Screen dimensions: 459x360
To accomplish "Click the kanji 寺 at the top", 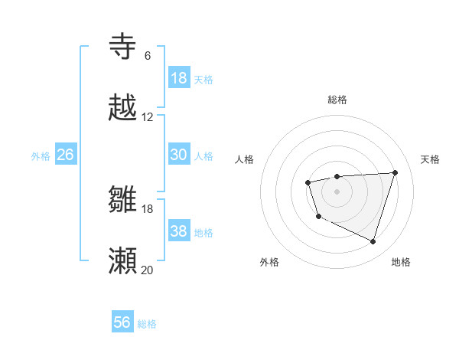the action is tap(123, 46).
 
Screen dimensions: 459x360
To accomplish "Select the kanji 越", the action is tap(123, 108).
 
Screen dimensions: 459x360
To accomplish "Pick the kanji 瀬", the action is tap(123, 261).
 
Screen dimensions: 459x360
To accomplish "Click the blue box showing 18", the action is tap(179, 78).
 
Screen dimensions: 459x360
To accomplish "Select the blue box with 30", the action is tap(179, 155).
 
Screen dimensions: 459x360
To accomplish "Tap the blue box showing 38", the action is tap(179, 231).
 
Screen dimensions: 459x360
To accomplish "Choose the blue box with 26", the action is tap(65, 155).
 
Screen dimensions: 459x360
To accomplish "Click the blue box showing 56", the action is tap(122, 322).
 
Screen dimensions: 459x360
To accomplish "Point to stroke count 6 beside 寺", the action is tap(148, 56).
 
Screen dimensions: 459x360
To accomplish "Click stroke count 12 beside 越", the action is tap(148, 117).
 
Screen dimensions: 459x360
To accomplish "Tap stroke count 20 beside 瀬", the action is tap(148, 270).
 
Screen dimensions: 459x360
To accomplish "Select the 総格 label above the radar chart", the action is tap(337, 100).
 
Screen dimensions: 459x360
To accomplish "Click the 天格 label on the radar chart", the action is tap(430, 159).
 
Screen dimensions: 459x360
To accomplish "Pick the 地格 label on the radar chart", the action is tap(401, 263).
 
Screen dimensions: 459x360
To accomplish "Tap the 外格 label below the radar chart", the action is tap(269, 263).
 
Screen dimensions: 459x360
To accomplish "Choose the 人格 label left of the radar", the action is tap(245, 159).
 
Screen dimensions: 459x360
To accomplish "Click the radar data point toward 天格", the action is tap(395, 172).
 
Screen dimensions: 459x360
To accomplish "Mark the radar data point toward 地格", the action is tap(373, 242).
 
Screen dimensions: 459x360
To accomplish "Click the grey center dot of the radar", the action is tap(337, 191).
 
